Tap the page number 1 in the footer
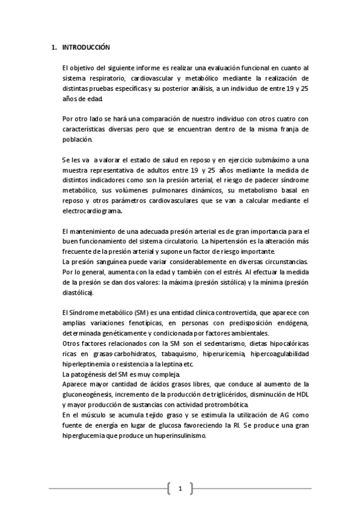pos(180,488)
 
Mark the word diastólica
pos(78,293)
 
